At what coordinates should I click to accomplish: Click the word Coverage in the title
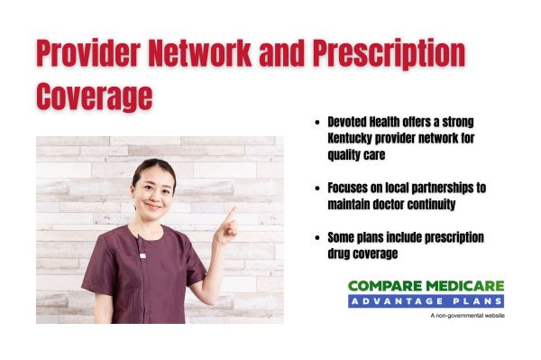pyautogui.click(x=95, y=95)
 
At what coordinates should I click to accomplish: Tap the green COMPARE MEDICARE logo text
pyautogui.click(x=426, y=285)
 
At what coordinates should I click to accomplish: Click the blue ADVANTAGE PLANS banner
pyautogui.click(x=426, y=300)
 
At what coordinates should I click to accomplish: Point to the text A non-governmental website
pyautogui.click(x=467, y=315)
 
